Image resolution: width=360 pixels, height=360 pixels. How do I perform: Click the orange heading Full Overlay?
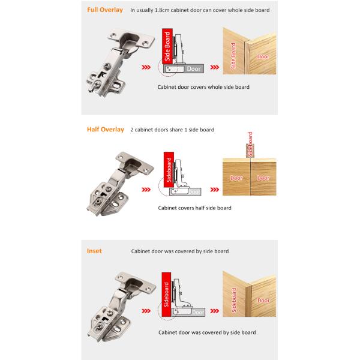[105, 10]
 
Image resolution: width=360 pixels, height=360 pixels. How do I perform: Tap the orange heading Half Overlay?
[106, 130]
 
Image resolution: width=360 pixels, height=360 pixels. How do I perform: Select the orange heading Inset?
[94, 251]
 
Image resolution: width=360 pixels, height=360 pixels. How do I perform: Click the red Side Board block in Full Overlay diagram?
[167, 46]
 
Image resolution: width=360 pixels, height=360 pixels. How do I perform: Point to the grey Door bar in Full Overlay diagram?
[184, 68]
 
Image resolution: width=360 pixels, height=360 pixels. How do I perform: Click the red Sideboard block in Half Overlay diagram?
[169, 170]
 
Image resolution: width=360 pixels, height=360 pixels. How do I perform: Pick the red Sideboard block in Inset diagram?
[166, 295]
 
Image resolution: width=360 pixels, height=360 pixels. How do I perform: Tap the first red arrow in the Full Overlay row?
[146, 67]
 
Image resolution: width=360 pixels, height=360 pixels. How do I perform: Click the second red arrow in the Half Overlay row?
[214, 190]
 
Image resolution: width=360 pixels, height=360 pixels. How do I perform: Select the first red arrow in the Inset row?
[146, 311]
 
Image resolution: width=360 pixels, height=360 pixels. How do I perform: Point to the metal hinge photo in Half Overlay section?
[120, 184]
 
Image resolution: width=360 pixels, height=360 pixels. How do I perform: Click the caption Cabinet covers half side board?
[194, 208]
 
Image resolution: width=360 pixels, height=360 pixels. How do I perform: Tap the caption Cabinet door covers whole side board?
[203, 87]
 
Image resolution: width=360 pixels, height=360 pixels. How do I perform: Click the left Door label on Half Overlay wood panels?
[236, 178]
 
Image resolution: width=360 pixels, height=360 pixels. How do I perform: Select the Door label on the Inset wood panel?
[263, 301]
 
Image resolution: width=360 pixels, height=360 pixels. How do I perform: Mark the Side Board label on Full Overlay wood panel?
[233, 56]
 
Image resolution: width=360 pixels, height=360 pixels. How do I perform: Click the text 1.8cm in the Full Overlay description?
[162, 10]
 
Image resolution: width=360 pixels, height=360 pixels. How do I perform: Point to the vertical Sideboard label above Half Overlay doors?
[250, 145]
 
